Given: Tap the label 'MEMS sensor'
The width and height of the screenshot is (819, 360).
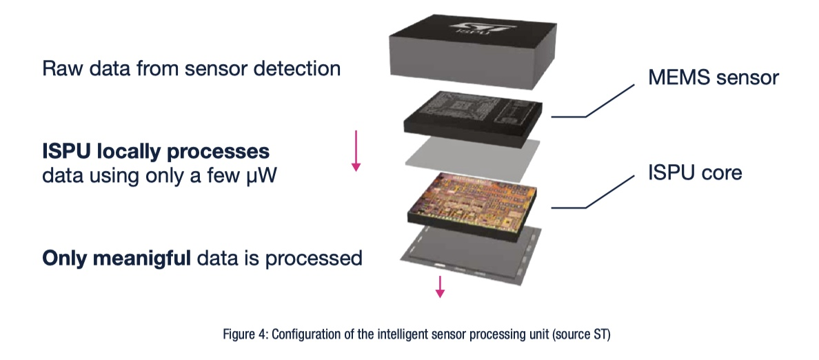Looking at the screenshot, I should coord(713,77).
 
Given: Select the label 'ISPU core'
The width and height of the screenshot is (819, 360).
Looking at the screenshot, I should coord(694,172).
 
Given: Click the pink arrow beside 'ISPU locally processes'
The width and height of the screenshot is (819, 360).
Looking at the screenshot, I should coord(356,150).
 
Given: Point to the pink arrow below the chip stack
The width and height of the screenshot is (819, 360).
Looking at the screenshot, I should coord(440,286).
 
